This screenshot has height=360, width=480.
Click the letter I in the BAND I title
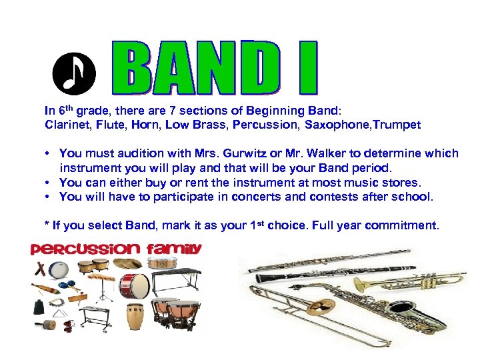(307, 69)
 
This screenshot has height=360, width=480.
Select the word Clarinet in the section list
(65, 125)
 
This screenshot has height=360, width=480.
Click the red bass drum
(133, 285)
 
